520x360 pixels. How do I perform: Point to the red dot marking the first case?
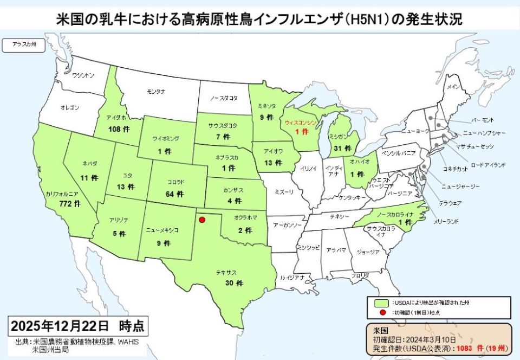(202, 220)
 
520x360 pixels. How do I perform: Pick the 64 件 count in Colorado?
(177, 194)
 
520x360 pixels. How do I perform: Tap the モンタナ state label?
(156, 91)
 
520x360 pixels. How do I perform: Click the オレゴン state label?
(70, 108)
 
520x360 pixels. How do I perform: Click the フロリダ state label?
(360, 276)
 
